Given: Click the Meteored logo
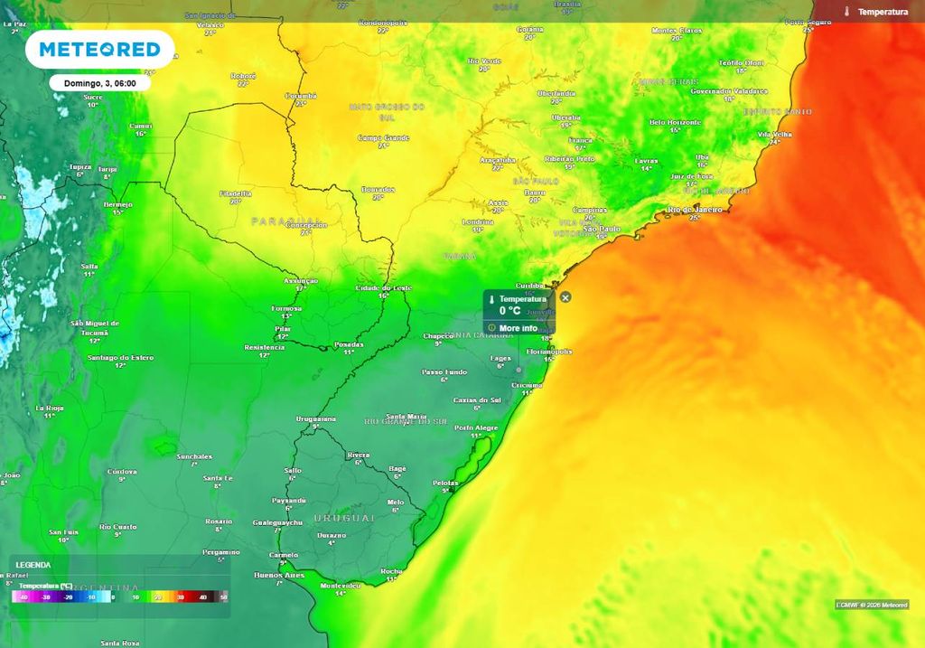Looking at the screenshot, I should (x=99, y=49).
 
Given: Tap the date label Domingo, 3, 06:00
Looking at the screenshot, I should (x=99, y=83).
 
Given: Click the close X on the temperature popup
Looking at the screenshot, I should (x=565, y=297).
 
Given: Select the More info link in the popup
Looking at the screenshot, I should (x=518, y=328).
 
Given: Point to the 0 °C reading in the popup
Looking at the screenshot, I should (x=509, y=311).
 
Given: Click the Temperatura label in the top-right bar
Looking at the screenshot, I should (x=882, y=12).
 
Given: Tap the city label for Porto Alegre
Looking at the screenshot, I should (x=475, y=427).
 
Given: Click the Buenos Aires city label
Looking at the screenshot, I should (x=280, y=576).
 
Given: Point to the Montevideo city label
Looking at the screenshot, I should (x=341, y=586).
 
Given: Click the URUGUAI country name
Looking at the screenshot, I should (x=343, y=518).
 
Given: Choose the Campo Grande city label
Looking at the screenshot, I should (x=384, y=138).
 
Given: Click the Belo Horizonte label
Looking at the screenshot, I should (x=676, y=122).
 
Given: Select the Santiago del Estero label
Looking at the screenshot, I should (x=121, y=358).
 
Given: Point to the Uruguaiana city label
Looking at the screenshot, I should (x=316, y=419).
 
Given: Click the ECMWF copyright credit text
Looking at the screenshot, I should (x=871, y=605).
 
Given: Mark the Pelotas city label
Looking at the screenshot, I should (x=445, y=483).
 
